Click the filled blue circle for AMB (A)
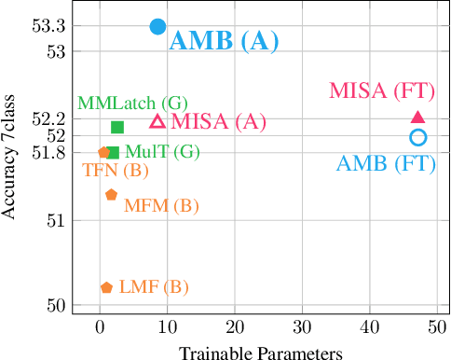coord(157,27)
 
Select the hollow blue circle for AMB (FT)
coord(417,137)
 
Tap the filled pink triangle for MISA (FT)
coord(417,118)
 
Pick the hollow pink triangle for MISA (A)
coord(157,121)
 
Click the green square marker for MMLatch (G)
coord(117,127)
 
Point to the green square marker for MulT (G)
coord(113,152)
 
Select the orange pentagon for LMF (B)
coord(106,287)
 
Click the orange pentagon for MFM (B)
coord(111,195)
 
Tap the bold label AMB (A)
coord(224,40)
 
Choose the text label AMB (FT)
coord(386,164)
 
